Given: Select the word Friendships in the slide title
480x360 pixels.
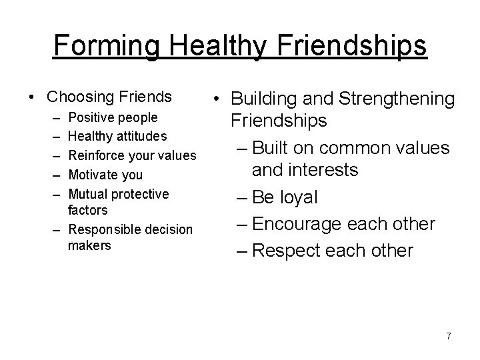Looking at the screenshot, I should click(351, 45).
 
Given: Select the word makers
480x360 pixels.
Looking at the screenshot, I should click(89, 245).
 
